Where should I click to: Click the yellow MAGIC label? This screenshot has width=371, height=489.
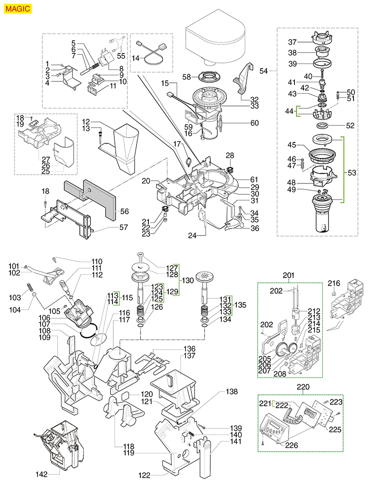[18, 8]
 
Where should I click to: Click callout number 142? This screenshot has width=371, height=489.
[42, 473]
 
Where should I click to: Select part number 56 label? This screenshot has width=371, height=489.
[125, 211]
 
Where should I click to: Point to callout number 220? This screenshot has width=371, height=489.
[302, 387]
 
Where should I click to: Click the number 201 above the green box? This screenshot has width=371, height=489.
[288, 275]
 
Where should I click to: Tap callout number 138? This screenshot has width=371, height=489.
[231, 392]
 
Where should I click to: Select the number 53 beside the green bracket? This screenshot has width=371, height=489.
[352, 173]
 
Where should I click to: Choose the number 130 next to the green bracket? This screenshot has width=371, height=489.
[188, 280]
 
